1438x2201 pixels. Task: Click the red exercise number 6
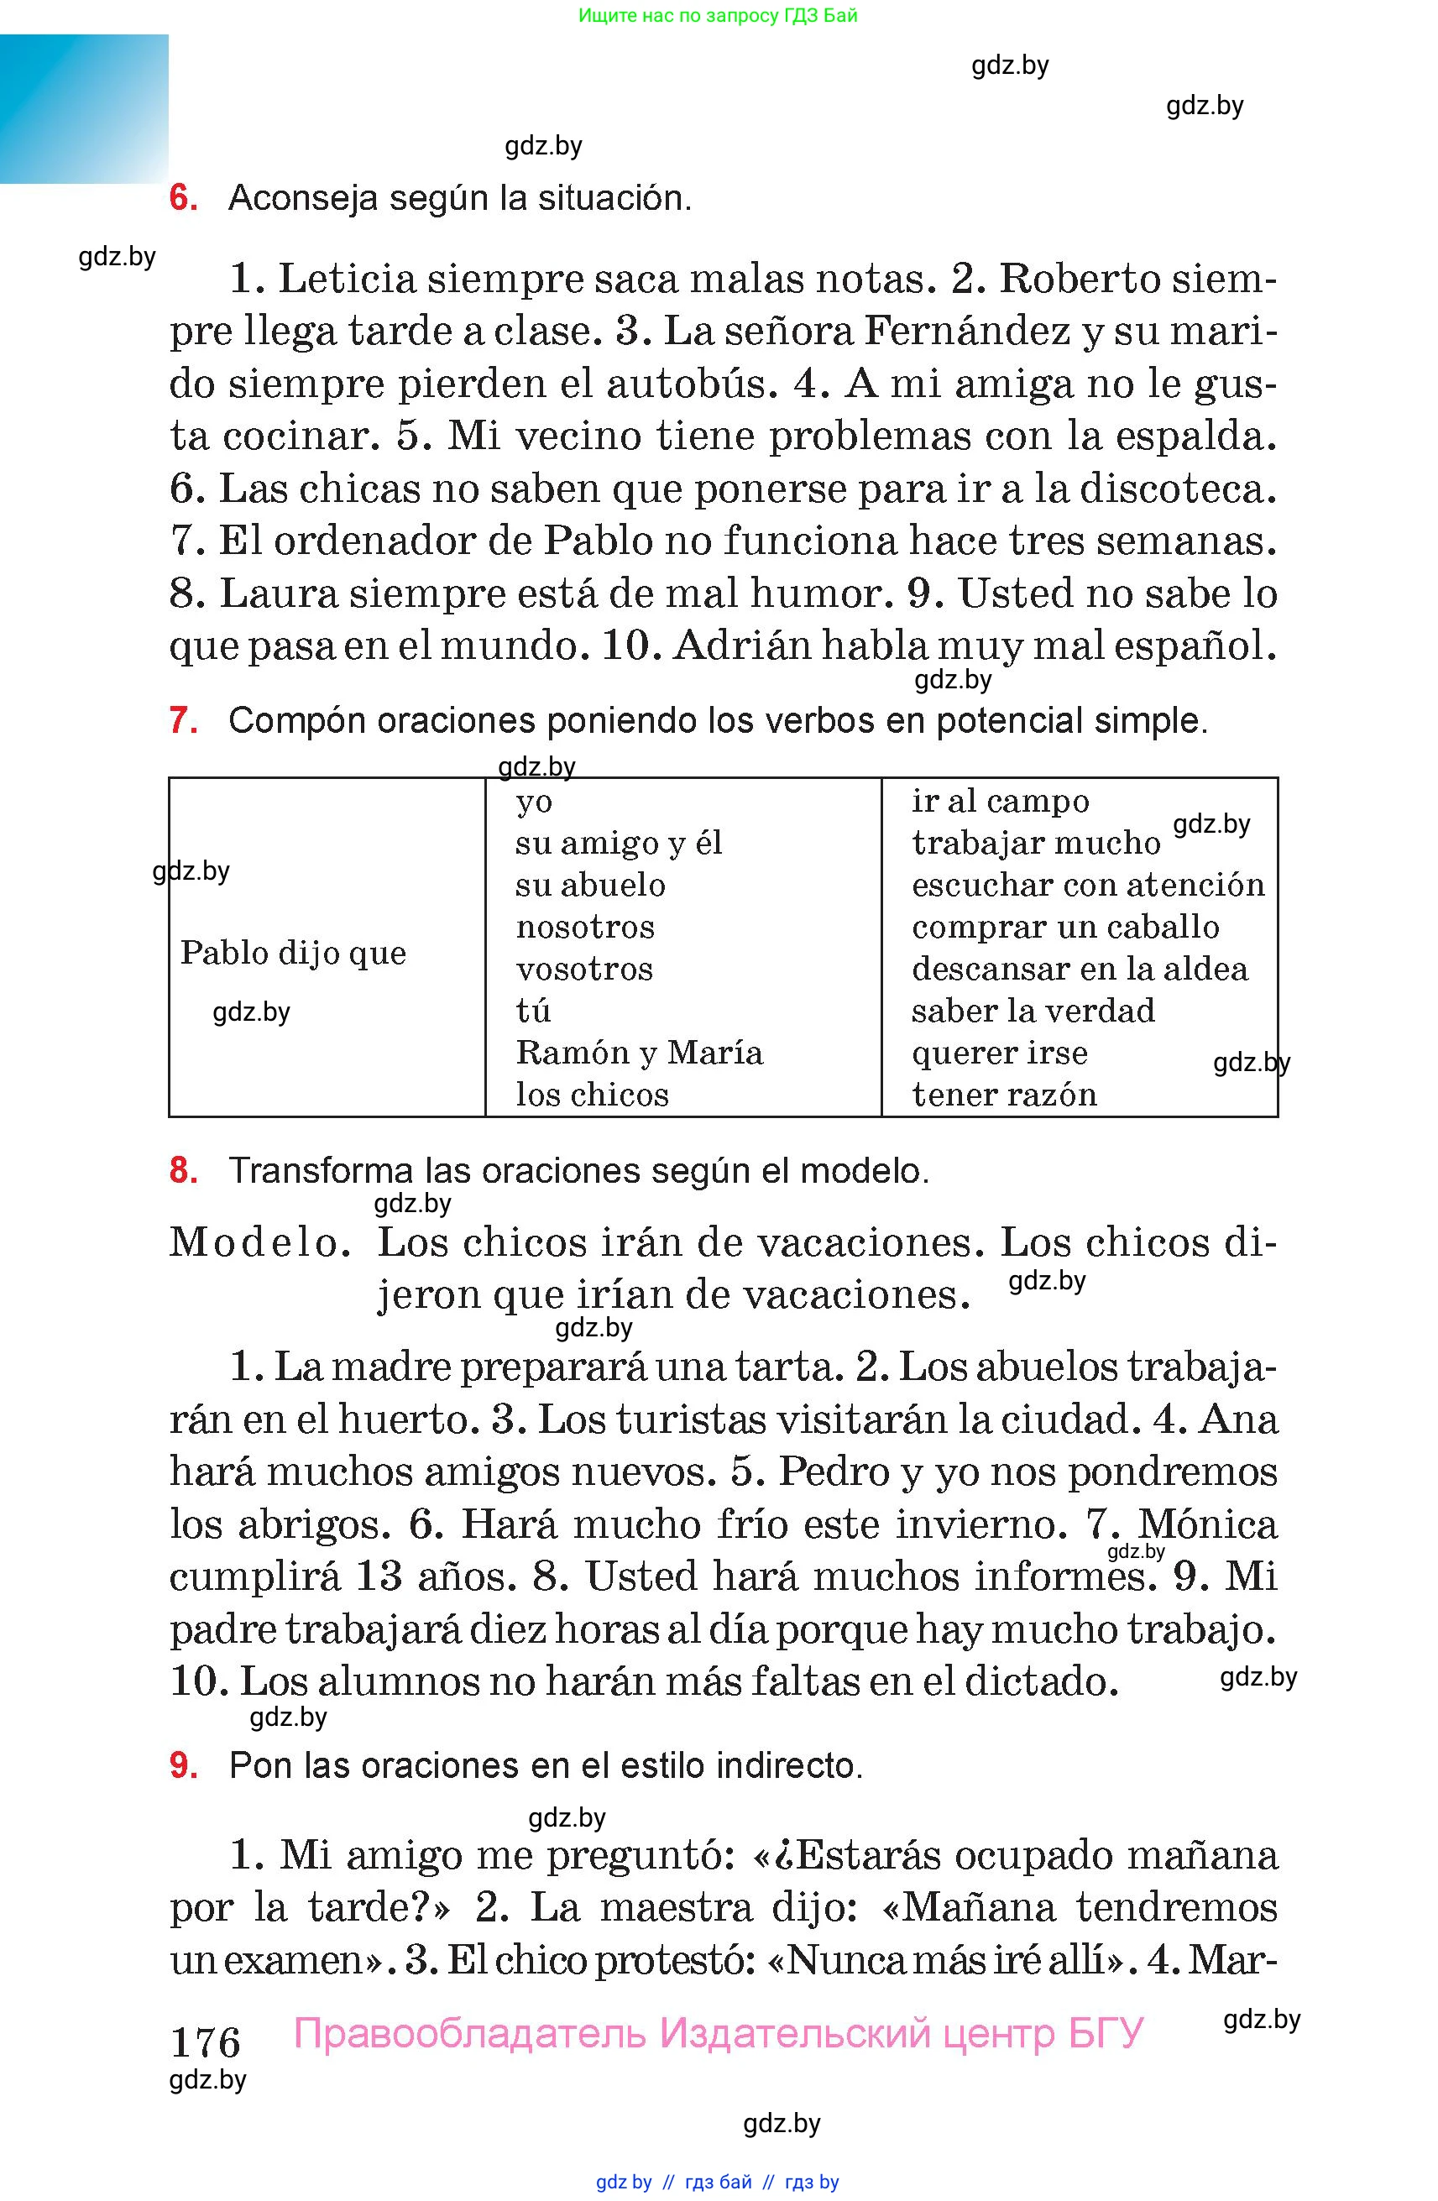click(183, 198)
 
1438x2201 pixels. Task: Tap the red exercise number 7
click(183, 719)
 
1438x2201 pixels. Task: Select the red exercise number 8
click(183, 1171)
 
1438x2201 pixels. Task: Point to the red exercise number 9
click(183, 1765)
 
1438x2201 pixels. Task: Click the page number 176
click(206, 2041)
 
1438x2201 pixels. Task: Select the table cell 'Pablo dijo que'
click(293, 953)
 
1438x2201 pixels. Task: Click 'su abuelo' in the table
click(590, 885)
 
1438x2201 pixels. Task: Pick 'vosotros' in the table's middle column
click(584, 970)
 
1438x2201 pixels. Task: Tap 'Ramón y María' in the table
click(639, 1053)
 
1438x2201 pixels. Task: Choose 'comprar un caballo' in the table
click(1065, 927)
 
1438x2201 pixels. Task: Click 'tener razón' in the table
click(1004, 1095)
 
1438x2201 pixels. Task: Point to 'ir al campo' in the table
click(1001, 801)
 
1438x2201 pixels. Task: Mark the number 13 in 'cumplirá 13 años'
click(379, 1576)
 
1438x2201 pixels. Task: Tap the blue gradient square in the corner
click(84, 108)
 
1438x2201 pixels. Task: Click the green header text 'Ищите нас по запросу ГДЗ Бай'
click(718, 16)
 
